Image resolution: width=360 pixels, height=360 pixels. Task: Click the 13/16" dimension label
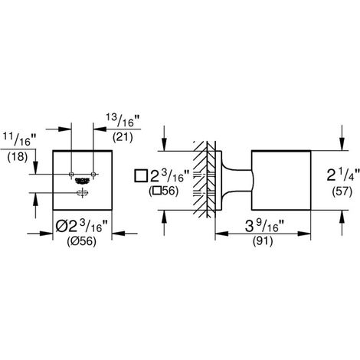coord(123,120)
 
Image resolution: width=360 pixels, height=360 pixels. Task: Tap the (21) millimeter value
coord(123,137)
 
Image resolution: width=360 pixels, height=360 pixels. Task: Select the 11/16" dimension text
coord(19,139)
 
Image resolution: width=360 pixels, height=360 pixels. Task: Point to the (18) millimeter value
coord(18,157)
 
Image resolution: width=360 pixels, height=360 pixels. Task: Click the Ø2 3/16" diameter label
coord(82,226)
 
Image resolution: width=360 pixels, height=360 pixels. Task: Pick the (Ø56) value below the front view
coord(82,241)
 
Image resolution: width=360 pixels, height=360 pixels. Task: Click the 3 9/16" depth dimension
coord(265,226)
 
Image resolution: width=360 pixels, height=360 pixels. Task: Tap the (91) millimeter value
coord(263,241)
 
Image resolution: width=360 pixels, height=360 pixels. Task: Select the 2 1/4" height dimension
coord(343,175)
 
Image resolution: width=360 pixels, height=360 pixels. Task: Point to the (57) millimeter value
coord(342,191)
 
